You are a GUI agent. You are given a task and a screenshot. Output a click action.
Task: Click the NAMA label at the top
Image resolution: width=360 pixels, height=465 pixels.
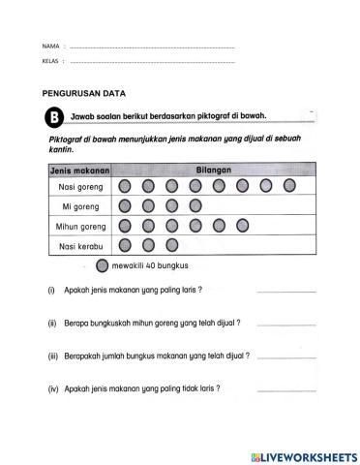(49, 46)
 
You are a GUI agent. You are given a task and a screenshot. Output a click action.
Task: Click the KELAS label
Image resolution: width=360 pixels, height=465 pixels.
(50, 60)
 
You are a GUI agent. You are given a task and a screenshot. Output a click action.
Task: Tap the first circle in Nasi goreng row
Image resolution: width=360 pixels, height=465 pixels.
(125, 186)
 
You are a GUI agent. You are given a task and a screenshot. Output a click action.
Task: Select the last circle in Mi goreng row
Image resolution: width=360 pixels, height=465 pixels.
(195, 205)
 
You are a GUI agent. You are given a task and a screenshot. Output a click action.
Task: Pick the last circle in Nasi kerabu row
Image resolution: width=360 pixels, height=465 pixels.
(172, 245)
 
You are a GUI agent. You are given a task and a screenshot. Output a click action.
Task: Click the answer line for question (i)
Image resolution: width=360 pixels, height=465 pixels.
(286, 291)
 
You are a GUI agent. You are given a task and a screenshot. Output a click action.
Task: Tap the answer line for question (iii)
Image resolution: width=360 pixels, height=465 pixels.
(286, 359)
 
